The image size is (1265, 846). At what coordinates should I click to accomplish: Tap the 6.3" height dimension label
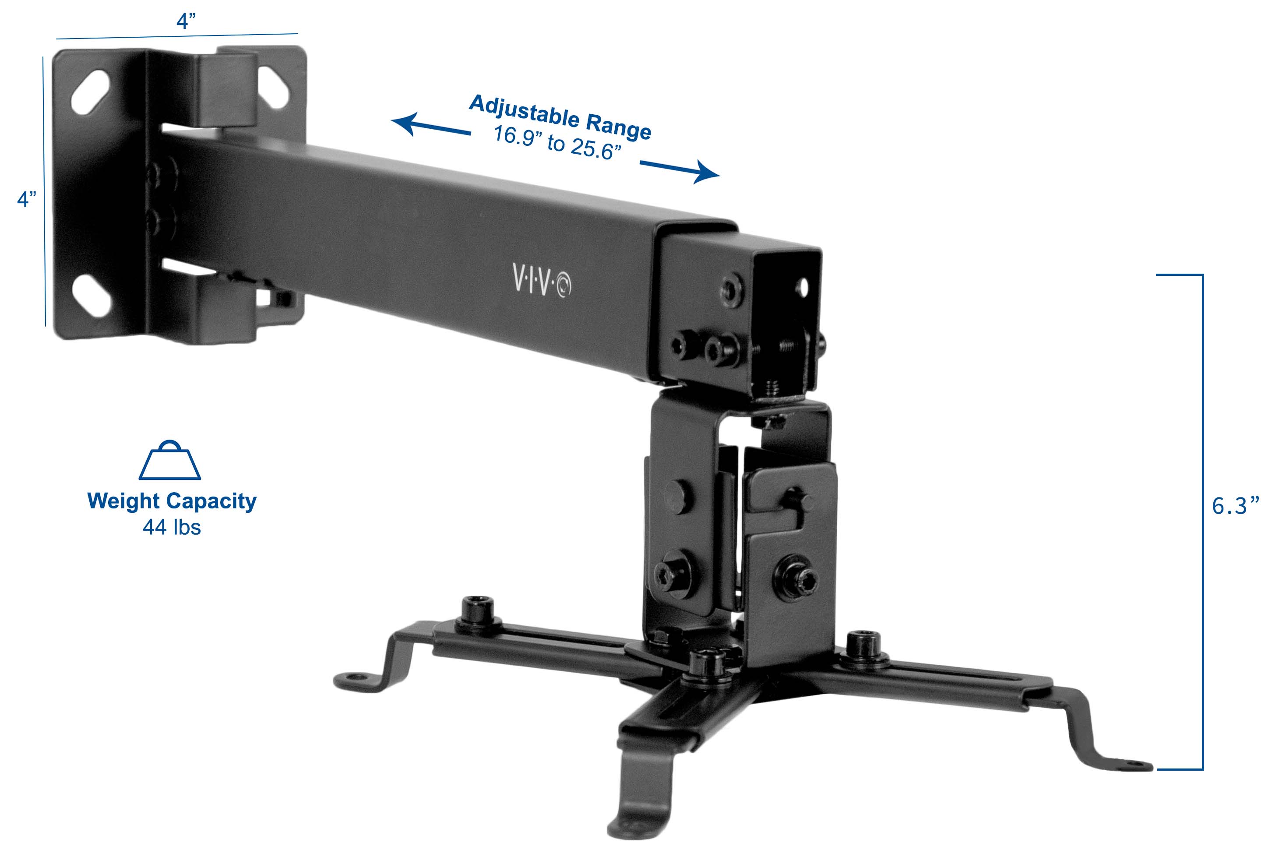[1234, 506]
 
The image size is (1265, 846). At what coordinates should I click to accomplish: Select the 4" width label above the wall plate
[186, 21]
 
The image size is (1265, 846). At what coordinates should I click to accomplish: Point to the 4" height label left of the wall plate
[26, 199]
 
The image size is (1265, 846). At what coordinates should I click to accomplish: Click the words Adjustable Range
[560, 117]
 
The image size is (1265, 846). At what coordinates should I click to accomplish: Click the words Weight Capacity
[172, 501]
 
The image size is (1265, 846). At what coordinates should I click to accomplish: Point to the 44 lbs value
[172, 527]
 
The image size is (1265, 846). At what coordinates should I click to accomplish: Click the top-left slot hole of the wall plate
[90, 92]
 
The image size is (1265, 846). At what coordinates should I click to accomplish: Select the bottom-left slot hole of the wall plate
[92, 296]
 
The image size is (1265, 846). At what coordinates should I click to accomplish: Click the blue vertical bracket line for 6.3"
[1202, 521]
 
